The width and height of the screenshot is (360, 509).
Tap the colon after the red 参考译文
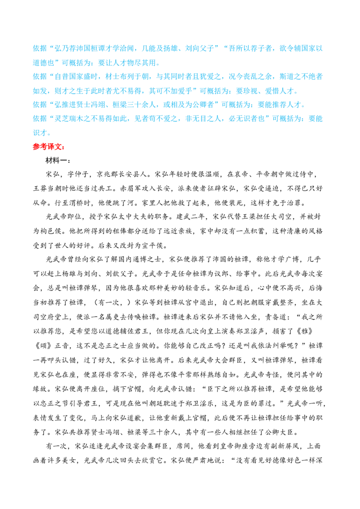click(x=63, y=147)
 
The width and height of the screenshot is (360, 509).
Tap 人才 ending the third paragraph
click(x=299, y=105)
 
